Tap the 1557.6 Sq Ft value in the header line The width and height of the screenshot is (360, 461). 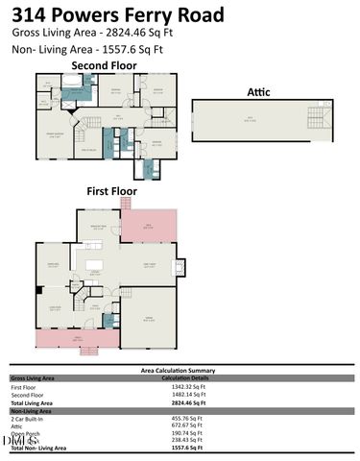(127, 49)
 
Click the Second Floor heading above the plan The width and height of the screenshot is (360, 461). (104, 65)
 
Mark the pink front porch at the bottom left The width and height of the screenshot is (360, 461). (77, 339)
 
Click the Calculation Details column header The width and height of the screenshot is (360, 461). (180, 377)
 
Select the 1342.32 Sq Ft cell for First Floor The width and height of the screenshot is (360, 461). (180, 388)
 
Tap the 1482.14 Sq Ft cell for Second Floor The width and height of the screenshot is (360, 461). (180, 395)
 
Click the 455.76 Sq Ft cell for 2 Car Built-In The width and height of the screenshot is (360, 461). (180, 418)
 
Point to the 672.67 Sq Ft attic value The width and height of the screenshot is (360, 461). (180, 425)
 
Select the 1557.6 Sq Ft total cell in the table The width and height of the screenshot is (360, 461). (180, 448)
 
